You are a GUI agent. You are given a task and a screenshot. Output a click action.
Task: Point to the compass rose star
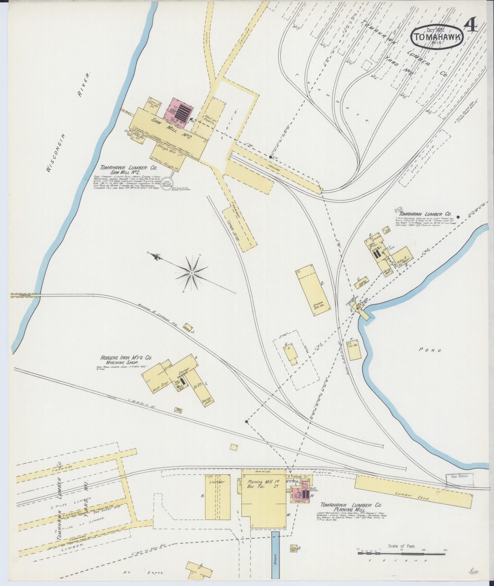[191, 272]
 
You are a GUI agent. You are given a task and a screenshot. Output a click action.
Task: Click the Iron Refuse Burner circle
[167, 183]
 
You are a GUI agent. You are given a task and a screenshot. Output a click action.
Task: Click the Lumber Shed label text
[413, 496]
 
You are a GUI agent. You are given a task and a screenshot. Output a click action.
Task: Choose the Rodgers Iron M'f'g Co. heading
[126, 358]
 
